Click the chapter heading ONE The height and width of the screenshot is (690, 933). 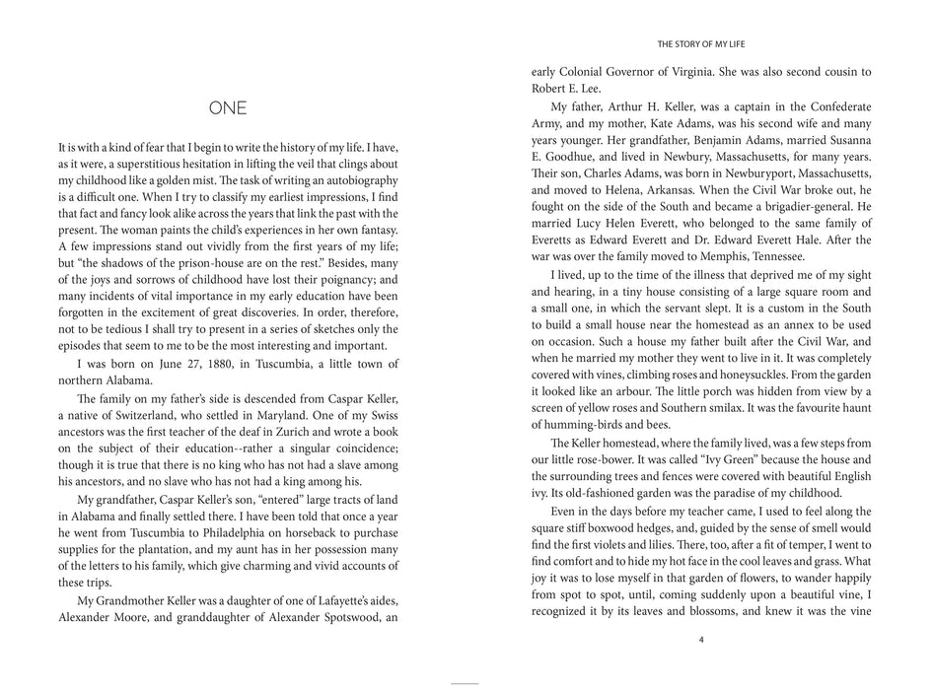(228, 107)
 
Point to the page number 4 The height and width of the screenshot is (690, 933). (700, 639)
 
